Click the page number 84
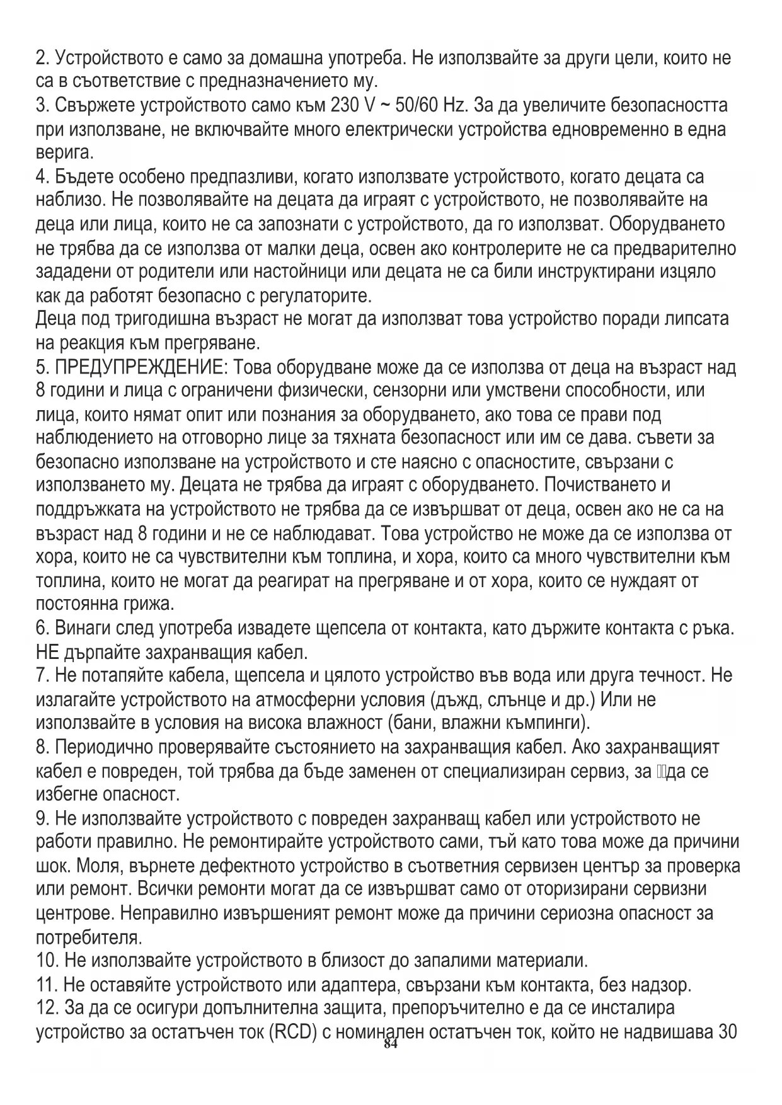tap(391, 1045)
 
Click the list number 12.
tap(47, 1008)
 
